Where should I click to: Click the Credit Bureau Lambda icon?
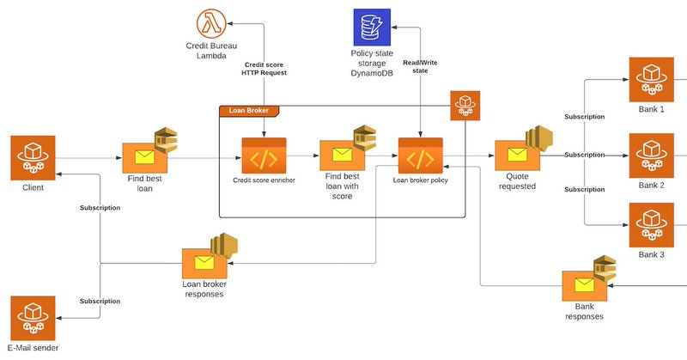point(211,24)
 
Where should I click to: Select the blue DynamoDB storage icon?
point(372,27)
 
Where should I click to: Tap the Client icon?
point(33,158)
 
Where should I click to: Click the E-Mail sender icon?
point(33,318)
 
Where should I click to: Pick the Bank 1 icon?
point(652,79)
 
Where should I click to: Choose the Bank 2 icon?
point(652,156)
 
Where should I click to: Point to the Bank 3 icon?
point(652,225)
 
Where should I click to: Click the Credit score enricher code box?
point(264,156)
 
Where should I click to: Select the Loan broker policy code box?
point(421,156)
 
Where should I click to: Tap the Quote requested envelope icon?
point(518,156)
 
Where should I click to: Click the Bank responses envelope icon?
point(585,285)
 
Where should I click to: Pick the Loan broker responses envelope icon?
point(204,263)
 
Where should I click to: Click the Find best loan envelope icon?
point(144,158)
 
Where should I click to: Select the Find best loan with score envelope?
point(342,156)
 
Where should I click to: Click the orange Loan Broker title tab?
point(248,111)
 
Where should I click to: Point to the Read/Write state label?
point(420,67)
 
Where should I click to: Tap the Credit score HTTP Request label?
point(264,69)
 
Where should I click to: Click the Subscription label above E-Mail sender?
point(100,302)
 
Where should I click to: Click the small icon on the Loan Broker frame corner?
point(465,106)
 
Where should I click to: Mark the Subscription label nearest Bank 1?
point(585,117)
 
